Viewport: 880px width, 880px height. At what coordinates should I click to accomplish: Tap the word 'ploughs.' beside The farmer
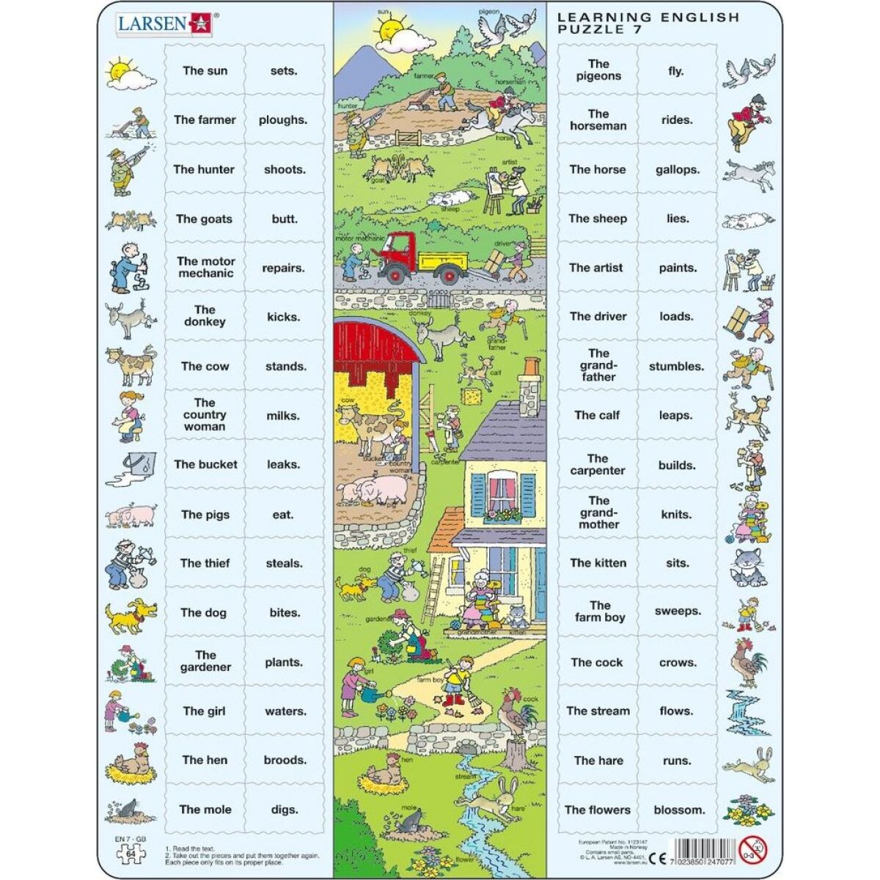coord(282,120)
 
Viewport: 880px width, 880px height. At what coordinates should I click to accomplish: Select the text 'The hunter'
coord(204,169)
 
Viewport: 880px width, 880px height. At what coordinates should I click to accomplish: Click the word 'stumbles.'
coord(676,366)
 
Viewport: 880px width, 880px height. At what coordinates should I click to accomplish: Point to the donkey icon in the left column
coord(129,318)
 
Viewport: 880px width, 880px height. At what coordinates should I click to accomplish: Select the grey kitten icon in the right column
coord(748,563)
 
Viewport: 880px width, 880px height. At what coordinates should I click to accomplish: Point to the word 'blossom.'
coord(679,810)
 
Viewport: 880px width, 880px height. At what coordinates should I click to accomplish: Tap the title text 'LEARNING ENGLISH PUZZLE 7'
coord(648,23)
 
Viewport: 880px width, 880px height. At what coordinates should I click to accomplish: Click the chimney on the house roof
coord(528,384)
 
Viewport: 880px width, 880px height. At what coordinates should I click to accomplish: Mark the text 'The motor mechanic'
coord(206,268)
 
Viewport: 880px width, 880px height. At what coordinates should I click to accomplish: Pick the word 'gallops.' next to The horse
coord(677,169)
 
